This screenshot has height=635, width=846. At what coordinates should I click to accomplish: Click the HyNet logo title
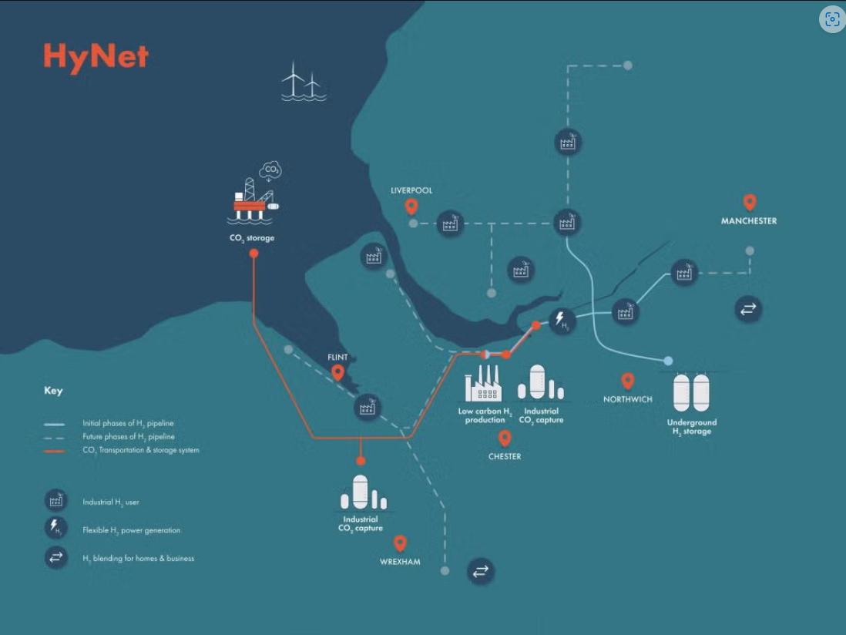[x=96, y=57]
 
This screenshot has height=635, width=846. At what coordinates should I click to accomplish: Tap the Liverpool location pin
[x=411, y=207]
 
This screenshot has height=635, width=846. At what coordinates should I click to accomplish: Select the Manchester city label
[x=748, y=221]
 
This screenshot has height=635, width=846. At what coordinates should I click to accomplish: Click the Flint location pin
[x=337, y=374]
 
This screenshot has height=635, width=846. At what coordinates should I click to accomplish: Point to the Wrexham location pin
[x=399, y=543]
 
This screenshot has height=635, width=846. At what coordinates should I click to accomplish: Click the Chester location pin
[x=505, y=438]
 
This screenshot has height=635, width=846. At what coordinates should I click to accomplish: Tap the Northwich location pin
[x=628, y=381]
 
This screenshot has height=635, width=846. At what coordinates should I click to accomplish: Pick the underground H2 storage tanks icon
[x=691, y=392]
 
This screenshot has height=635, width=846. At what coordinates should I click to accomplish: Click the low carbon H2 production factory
[x=483, y=383]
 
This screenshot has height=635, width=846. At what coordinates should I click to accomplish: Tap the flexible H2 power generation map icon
[x=562, y=320]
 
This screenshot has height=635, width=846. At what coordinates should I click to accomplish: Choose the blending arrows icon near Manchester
[x=748, y=310]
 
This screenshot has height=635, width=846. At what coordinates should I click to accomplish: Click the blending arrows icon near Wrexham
[x=480, y=571]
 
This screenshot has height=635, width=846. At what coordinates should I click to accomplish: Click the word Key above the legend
[x=53, y=391]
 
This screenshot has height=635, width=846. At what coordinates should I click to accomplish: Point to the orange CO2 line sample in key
[x=55, y=451]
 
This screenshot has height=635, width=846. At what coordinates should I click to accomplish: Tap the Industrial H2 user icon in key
[x=55, y=501]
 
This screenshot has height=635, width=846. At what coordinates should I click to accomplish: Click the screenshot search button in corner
[x=831, y=21]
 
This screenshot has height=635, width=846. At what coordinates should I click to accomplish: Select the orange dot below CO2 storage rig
[x=253, y=253]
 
